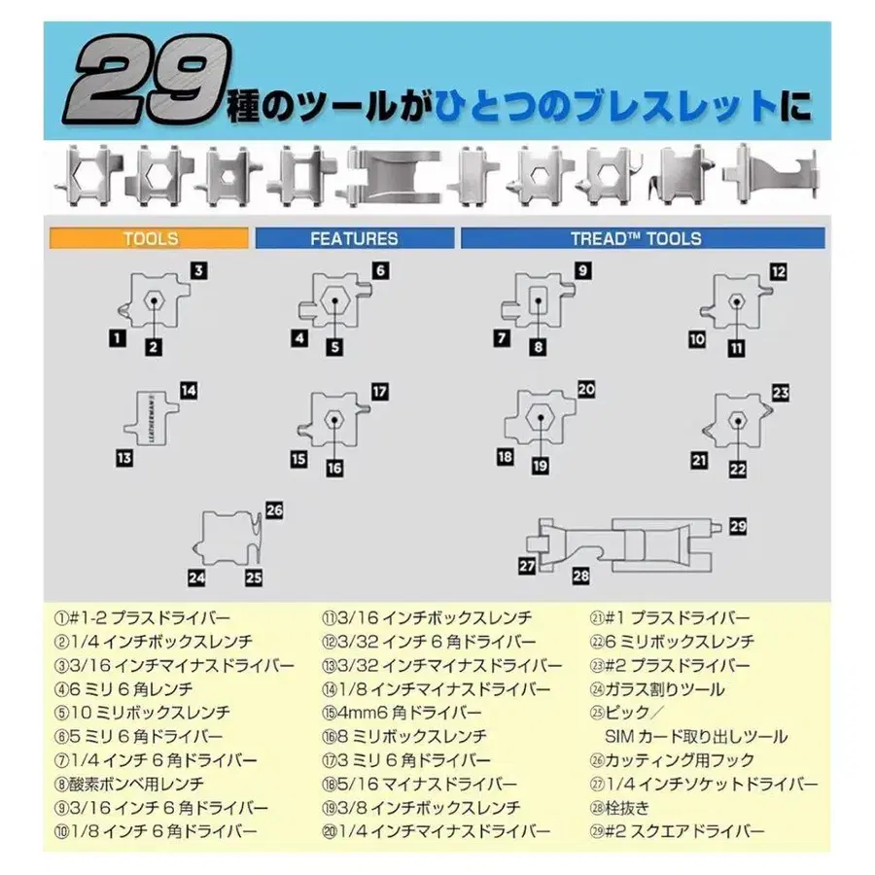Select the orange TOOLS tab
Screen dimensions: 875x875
[x=149, y=238]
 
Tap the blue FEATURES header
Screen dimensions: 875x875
[x=354, y=238]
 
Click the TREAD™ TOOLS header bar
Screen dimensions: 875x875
[x=643, y=238]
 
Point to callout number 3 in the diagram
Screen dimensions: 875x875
[x=198, y=271]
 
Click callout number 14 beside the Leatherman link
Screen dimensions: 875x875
[x=189, y=391]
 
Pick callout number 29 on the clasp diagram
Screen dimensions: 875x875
[x=738, y=526]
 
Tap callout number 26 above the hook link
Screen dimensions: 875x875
[x=274, y=510]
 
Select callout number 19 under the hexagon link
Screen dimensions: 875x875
[x=540, y=466]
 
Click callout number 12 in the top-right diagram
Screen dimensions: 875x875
[x=778, y=272]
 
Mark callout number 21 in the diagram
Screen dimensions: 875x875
[x=699, y=461]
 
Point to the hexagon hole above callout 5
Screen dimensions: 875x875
[x=334, y=300]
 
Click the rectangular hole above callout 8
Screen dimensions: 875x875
[x=538, y=300]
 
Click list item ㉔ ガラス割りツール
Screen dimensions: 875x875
[x=657, y=689]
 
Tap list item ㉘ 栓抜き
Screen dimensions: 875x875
[x=620, y=808]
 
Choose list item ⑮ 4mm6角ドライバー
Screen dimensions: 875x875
[x=402, y=714]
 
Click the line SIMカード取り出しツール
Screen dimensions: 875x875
[x=696, y=737]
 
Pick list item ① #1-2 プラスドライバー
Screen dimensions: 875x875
[x=142, y=618]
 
